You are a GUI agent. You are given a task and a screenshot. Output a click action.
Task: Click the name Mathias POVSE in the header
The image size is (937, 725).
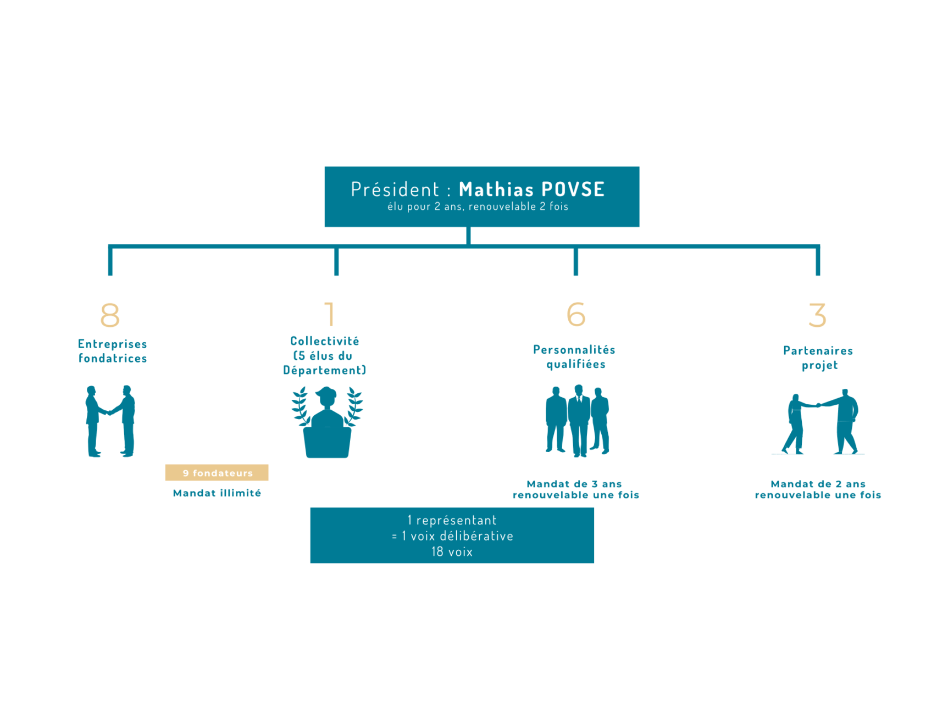531,189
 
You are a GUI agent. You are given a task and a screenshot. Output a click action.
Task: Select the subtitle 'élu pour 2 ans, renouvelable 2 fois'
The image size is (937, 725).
478,207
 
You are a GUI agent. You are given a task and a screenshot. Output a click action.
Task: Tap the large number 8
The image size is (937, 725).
110,315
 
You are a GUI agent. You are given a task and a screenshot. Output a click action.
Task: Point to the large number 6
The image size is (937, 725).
576,315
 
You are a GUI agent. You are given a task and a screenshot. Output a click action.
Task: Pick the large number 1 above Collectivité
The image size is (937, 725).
330,314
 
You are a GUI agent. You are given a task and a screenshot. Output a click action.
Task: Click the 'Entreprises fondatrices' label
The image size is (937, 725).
113,351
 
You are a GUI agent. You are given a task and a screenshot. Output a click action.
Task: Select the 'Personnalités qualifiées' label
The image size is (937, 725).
575,357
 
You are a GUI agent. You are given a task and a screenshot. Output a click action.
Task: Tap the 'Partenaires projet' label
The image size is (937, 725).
818,358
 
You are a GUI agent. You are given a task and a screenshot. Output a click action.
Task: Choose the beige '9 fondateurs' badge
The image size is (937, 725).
217,473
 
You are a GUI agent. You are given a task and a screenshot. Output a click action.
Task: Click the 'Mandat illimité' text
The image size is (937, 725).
217,493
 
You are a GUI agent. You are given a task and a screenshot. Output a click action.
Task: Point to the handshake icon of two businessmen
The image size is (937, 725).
110,421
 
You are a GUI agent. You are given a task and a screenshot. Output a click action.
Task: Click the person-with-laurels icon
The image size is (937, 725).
327,422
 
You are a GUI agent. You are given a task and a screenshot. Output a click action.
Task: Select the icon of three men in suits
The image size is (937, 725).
577,421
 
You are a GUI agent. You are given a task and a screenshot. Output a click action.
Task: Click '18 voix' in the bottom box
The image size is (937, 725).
452,552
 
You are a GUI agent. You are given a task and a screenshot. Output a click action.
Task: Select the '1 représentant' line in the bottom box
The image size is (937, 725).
452,520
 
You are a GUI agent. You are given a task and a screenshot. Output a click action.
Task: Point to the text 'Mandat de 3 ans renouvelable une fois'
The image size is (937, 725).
575,489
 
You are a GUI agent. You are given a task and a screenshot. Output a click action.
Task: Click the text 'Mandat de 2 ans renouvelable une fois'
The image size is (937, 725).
818,489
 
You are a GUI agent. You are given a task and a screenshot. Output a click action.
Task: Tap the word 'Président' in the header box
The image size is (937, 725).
395,189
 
